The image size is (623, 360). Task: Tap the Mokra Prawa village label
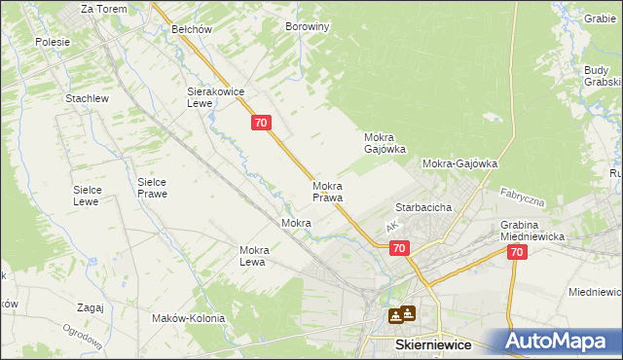[328, 192]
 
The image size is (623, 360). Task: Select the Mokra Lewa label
[253, 256]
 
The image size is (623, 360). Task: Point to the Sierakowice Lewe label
[214, 97]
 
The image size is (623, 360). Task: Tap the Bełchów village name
[192, 29]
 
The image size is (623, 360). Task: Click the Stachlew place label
[86, 99]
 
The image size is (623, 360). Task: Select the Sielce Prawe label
[152, 187]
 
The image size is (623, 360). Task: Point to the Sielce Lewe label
[88, 196]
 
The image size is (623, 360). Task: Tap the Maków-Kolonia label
[188, 318]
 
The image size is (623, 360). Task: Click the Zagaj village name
[89, 307]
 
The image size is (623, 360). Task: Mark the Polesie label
[53, 42]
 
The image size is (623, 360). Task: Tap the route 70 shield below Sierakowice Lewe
[260, 123]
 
